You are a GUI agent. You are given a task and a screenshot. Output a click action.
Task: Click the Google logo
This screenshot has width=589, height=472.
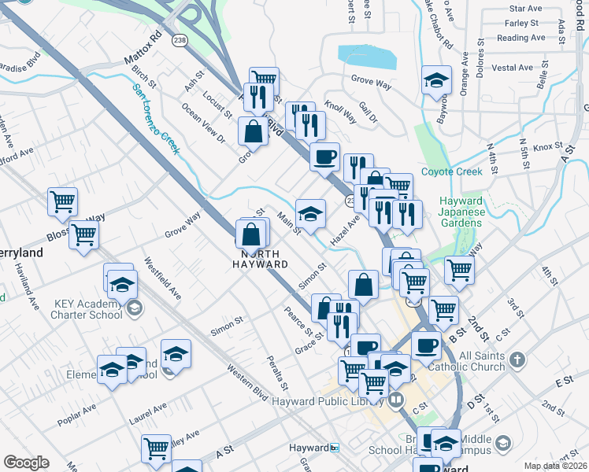(26, 463)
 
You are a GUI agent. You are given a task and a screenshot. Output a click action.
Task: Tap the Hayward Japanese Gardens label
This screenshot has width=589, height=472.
(460, 211)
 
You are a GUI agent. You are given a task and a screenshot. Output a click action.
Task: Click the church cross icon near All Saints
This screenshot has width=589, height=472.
(517, 360)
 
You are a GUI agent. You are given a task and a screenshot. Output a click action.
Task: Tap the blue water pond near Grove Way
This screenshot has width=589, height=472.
(367, 57)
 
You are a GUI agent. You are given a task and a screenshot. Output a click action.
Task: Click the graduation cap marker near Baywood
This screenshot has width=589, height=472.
(435, 81)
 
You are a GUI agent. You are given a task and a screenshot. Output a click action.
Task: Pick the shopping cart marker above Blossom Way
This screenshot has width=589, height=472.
(62, 201)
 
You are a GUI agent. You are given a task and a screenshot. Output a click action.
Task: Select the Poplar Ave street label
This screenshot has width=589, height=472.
(76, 416)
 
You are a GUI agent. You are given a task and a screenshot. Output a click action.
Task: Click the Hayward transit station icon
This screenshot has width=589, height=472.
(335, 448)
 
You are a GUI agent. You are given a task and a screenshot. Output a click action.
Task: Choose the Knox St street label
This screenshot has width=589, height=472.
(547, 147)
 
